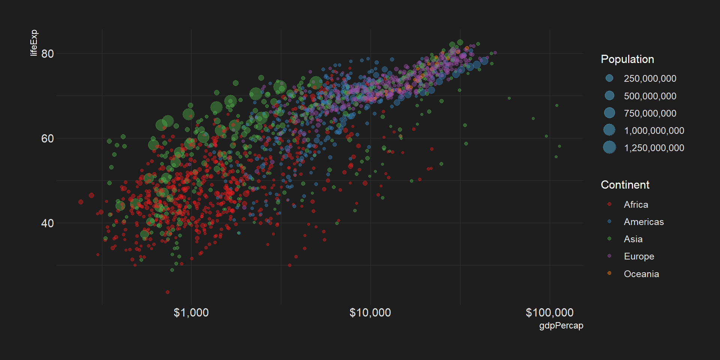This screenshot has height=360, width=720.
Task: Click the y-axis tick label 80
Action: click(x=48, y=54)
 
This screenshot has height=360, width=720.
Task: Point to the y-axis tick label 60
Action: click(x=48, y=139)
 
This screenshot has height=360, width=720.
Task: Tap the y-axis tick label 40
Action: click(x=48, y=223)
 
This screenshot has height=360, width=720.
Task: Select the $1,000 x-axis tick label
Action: click(x=191, y=312)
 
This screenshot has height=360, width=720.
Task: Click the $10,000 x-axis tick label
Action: click(x=370, y=312)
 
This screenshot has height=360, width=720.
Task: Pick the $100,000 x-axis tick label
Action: click(x=549, y=312)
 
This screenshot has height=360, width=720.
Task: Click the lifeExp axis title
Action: click(x=34, y=43)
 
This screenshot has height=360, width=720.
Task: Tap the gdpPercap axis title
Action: click(x=561, y=325)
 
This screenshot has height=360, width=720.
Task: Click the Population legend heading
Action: click(x=627, y=59)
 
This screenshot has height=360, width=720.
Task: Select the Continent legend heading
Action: click(x=625, y=185)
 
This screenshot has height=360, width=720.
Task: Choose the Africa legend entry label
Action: click(x=636, y=205)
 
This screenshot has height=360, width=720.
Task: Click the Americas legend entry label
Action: click(x=644, y=222)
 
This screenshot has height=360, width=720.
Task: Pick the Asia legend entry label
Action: click(x=633, y=239)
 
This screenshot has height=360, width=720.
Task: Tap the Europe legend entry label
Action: click(x=639, y=256)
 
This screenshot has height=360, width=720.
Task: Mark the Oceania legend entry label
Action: click(x=641, y=274)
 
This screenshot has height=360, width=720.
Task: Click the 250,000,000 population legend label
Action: click(x=650, y=79)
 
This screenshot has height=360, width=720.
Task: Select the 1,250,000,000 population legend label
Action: click(x=654, y=148)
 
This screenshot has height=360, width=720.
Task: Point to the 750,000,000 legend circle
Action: click(x=609, y=113)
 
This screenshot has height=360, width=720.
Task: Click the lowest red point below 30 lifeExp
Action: click(x=168, y=292)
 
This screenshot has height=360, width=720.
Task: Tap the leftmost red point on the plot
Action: click(x=81, y=202)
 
